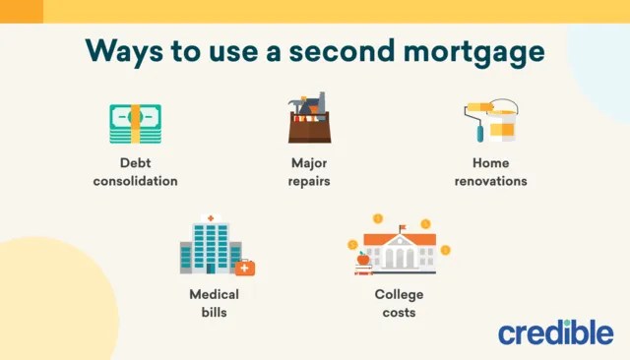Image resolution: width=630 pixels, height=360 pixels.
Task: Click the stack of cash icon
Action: point(135,124)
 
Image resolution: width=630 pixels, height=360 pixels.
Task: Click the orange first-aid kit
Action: point(244,268)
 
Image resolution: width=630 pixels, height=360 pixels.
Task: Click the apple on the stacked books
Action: point(362,258)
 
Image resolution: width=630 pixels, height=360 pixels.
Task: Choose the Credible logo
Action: point(555,332)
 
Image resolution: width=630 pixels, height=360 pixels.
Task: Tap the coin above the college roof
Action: point(377,218)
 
